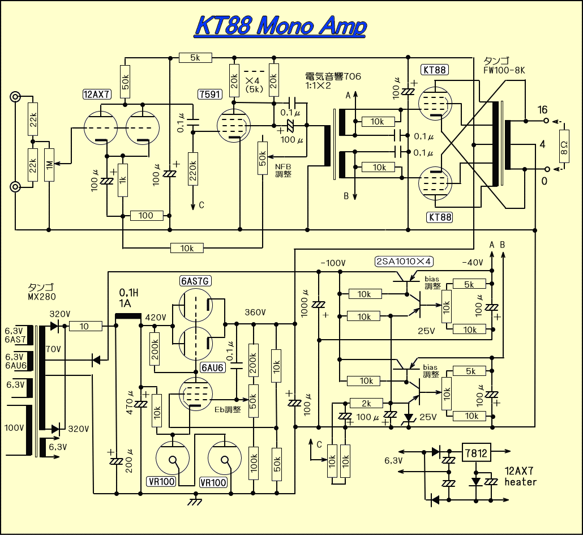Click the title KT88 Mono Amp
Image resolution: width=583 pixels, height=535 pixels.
tap(280, 26)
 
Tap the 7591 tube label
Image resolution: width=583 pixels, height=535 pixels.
tap(210, 95)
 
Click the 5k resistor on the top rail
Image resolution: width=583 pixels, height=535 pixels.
tap(195, 57)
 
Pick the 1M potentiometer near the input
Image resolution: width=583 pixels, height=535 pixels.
tap(49, 165)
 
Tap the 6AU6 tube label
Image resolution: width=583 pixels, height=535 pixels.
tap(213, 368)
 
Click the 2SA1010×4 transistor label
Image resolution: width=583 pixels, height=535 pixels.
tap(403, 262)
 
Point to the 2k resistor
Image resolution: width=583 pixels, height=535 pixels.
tap(366, 403)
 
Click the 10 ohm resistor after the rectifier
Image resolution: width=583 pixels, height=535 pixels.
tap(84, 326)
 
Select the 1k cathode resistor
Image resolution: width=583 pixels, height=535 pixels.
tap(122, 182)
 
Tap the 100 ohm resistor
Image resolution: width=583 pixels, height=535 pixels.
tap(146, 216)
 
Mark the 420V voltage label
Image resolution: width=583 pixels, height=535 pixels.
tap(156, 317)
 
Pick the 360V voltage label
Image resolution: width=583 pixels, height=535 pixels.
tap(256, 313)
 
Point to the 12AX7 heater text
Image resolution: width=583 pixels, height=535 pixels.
tap(520, 477)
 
